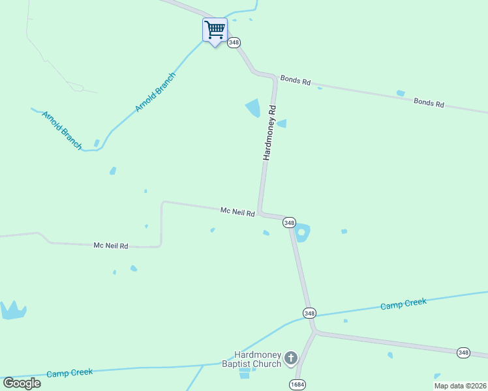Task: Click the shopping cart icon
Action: click(x=215, y=30)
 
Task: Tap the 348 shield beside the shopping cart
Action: click(x=234, y=42)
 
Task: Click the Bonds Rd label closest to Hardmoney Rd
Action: click(x=296, y=80)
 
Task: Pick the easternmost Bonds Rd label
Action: click(x=429, y=102)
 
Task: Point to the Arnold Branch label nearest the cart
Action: click(x=155, y=93)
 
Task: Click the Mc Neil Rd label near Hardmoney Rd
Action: click(x=237, y=211)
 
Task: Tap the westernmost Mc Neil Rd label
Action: click(x=110, y=246)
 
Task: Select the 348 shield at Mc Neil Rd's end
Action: click(x=290, y=222)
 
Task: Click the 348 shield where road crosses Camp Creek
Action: click(x=309, y=313)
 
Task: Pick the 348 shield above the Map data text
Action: click(x=463, y=353)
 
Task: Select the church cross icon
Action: click(x=291, y=358)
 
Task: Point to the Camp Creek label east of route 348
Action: click(x=403, y=304)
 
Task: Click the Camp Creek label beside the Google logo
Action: click(x=70, y=373)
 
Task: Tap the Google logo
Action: click(x=22, y=383)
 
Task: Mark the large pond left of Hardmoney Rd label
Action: click(x=252, y=108)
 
